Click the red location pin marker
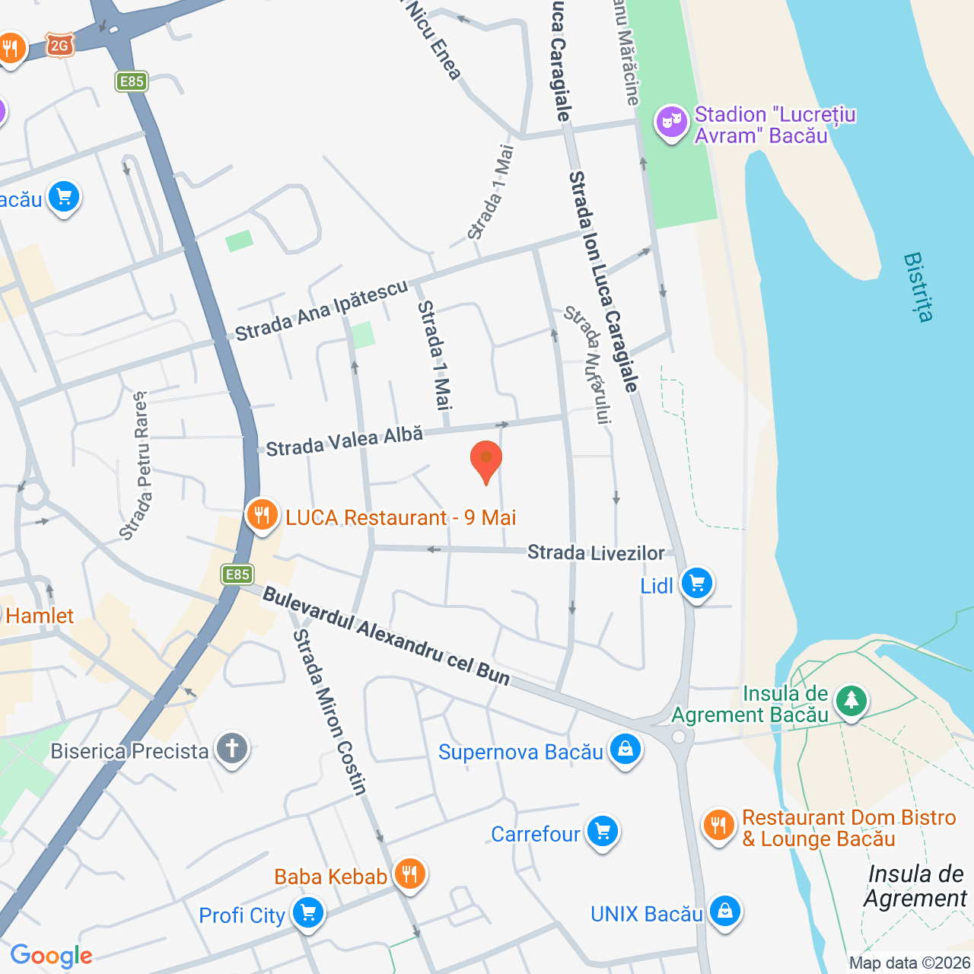click(485, 460)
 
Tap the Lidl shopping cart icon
click(696, 584)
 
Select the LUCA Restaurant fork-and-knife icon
click(262, 516)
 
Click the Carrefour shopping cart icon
click(603, 832)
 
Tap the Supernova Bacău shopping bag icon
click(625, 750)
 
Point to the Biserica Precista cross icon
click(232, 749)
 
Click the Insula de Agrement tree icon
click(851, 701)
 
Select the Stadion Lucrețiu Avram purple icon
click(672, 122)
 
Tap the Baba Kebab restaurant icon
click(409, 874)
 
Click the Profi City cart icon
click(308, 912)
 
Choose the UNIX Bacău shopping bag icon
click(724, 911)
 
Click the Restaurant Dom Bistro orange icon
click(718, 826)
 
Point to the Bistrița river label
click(918, 287)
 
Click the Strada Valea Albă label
click(344, 441)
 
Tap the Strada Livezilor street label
click(596, 552)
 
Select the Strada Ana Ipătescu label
click(321, 310)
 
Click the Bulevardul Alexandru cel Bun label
click(386, 636)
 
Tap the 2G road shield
click(59, 46)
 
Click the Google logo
click(52, 956)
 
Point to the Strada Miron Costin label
click(330, 712)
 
